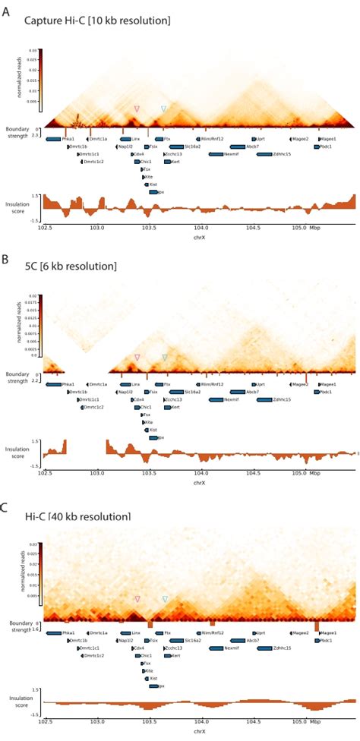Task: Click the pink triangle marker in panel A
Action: [137, 109]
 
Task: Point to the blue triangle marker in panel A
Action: [164, 109]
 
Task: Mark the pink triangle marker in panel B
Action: [137, 357]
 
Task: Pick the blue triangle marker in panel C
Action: [165, 599]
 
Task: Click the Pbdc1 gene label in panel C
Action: [327, 640]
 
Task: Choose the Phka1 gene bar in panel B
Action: [53, 385]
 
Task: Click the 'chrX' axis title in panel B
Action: [199, 482]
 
